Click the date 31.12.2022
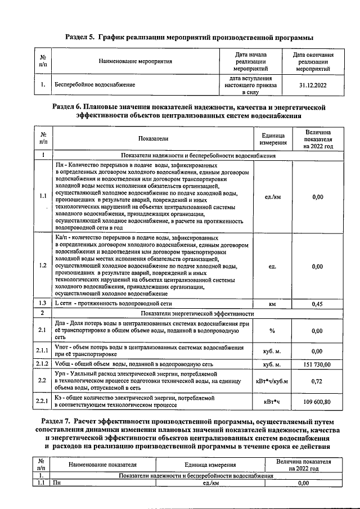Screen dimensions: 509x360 (313, 85)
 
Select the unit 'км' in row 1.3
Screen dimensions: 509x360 (272, 304)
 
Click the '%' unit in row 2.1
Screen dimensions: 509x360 (272, 331)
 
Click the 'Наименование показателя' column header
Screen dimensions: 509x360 (102, 465)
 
